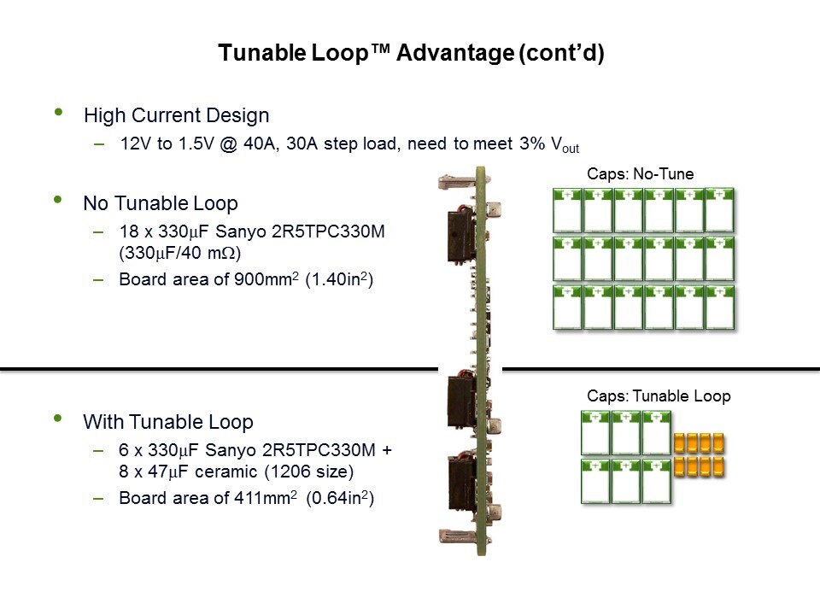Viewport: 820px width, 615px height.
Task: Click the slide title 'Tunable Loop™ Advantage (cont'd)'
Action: tap(410, 53)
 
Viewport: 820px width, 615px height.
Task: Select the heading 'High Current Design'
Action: tap(176, 115)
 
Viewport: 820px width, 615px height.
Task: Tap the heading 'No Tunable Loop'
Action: tap(160, 203)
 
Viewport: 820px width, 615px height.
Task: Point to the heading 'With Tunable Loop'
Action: tap(168, 422)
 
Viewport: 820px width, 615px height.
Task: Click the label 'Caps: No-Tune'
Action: tap(641, 174)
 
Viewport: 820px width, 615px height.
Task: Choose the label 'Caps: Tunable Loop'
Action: tap(659, 396)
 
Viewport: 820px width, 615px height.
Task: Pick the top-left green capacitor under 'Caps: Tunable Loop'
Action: tap(596, 433)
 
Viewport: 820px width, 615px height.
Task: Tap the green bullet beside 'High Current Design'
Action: tap(58, 113)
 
